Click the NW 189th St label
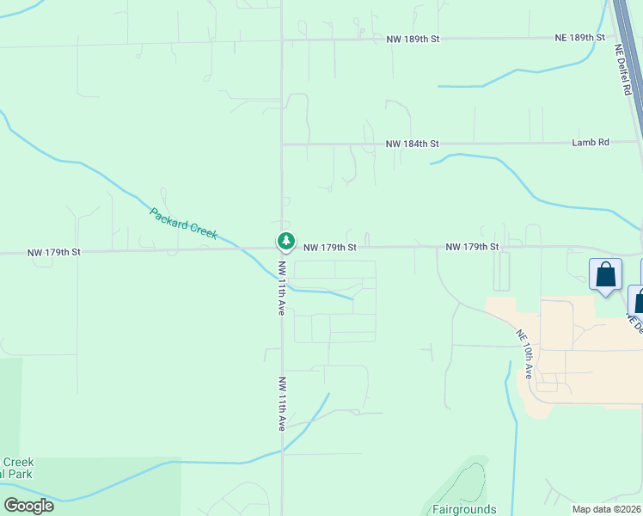point(412,39)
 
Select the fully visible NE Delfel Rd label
point(624,70)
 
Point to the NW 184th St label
point(412,144)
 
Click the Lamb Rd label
point(590,143)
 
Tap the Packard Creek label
point(184,224)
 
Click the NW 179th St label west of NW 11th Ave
point(53,252)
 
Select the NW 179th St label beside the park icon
point(329,248)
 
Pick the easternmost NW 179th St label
point(472,247)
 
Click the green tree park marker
point(285,241)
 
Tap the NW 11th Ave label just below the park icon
point(281,287)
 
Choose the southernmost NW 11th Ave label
point(281,402)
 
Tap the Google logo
point(28,505)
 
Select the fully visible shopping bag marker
point(605,275)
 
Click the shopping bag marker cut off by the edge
point(638,300)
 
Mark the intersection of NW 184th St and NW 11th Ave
point(282,144)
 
